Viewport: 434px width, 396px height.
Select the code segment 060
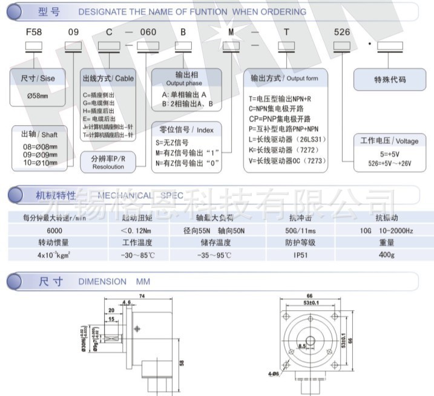coord(148,32)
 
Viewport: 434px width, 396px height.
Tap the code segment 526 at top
coord(342,32)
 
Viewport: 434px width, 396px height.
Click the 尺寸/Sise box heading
coord(38,79)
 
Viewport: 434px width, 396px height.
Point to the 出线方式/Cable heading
coord(108,79)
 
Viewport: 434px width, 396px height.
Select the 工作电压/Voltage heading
coord(389,141)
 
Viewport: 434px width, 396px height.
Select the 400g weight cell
coord(386,255)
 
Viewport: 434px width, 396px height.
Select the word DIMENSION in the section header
coord(102,281)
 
